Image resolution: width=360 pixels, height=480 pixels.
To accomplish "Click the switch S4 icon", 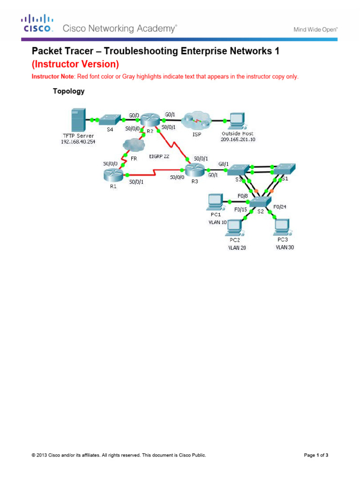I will point(111,120).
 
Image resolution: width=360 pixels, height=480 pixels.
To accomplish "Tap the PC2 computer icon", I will point(234,227).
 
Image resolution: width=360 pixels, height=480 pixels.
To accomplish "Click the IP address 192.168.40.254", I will point(78,141).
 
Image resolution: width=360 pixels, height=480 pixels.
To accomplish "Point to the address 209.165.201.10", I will point(238,139).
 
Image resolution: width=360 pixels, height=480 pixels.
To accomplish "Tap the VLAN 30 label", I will point(285,247).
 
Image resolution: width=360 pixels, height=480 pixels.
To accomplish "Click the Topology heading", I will point(68,91).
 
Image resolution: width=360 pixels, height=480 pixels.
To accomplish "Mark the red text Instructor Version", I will point(75,64).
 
